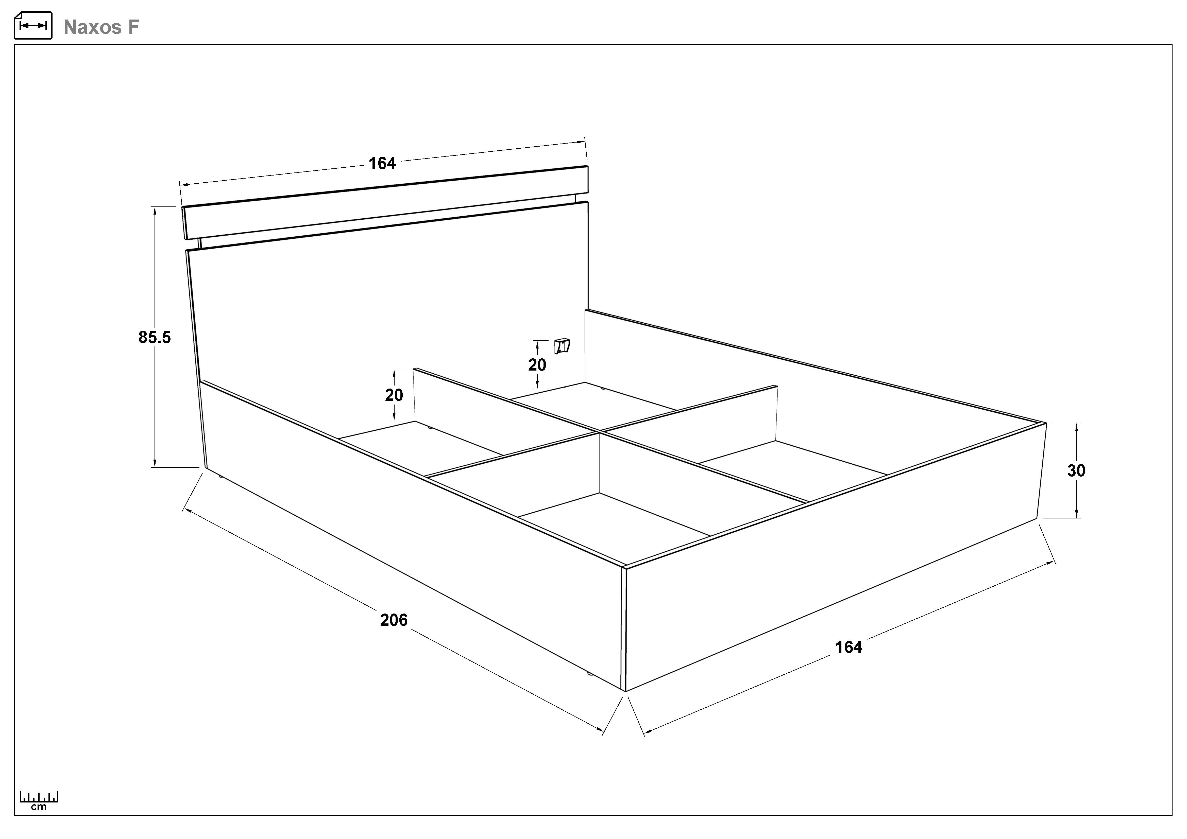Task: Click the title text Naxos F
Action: pyautogui.click(x=101, y=27)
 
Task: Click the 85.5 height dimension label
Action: pyautogui.click(x=155, y=337)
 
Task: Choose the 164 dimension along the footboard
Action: pyautogui.click(x=849, y=647)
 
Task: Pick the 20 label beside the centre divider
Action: pyautogui.click(x=394, y=395)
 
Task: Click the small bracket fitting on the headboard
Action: pyautogui.click(x=562, y=346)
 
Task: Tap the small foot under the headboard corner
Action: pyautogui.click(x=221, y=476)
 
